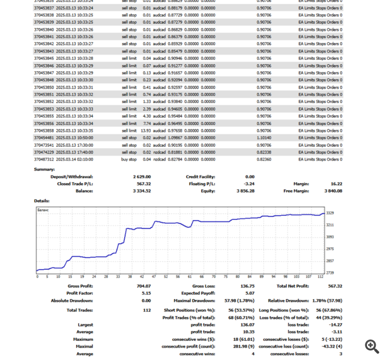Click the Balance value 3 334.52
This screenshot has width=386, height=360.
click(x=142, y=191)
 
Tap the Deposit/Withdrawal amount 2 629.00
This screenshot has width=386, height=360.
click(x=142, y=177)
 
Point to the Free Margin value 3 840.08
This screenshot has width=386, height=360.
click(x=333, y=191)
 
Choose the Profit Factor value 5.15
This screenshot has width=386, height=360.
click(x=146, y=293)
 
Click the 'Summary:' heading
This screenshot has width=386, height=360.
click(x=44, y=169)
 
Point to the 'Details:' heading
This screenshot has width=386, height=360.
click(x=42, y=201)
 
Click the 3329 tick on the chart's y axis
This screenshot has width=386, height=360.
click(x=330, y=213)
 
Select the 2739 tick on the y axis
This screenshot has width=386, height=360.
click(x=330, y=272)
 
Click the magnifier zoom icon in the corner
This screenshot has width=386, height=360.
click(x=372, y=346)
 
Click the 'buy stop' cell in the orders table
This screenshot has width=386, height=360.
click(x=129, y=160)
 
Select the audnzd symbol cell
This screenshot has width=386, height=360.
click(x=159, y=138)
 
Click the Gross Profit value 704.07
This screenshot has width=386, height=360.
click(x=144, y=286)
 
